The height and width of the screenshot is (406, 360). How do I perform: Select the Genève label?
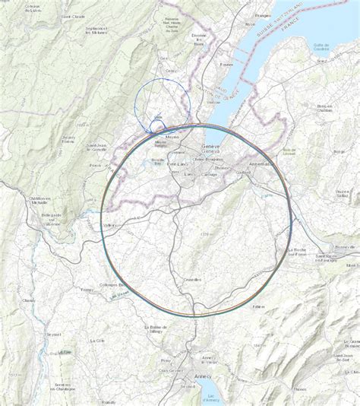[x=210, y=147]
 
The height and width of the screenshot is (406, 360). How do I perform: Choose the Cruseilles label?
[x=192, y=279]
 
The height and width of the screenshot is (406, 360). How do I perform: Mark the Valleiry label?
[x=112, y=225]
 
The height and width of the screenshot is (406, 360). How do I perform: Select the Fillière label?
[x=260, y=306]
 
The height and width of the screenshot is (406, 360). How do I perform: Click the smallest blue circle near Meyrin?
[x=157, y=124]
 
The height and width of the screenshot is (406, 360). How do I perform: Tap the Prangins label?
[x=263, y=14]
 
